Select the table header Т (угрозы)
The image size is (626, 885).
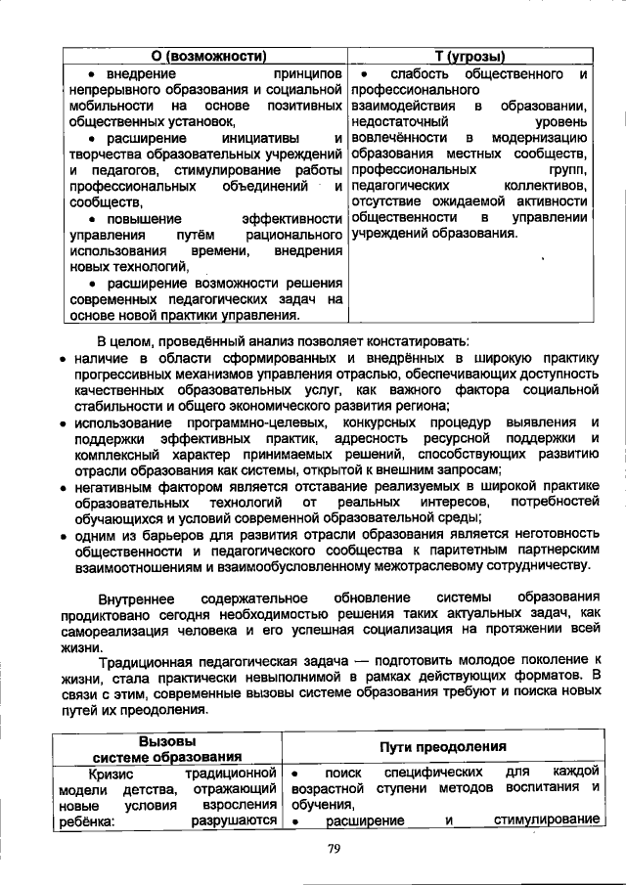pos(470,56)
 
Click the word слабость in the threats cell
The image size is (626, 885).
pos(421,74)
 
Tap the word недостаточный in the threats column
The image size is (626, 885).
pos(398,122)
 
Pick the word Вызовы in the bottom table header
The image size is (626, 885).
pos(167,740)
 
